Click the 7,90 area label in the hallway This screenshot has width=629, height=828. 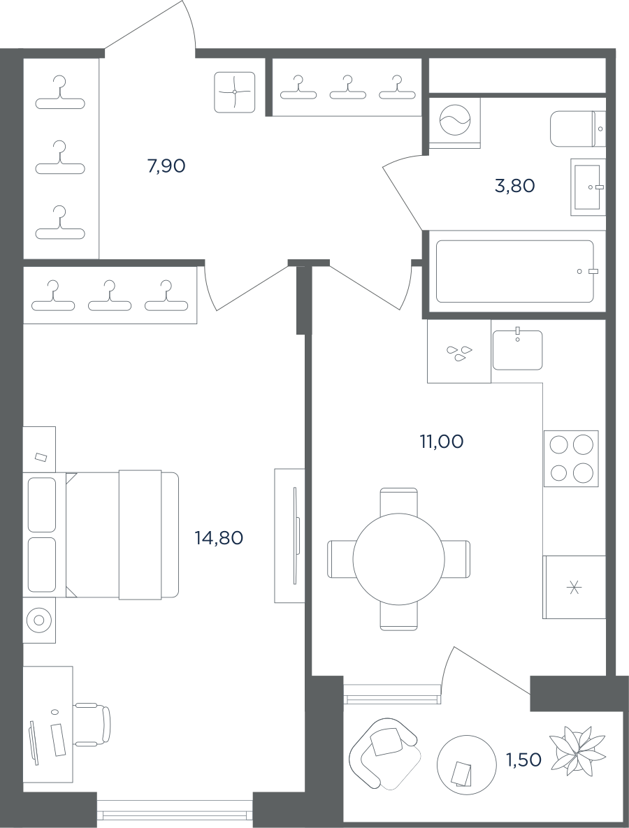166,166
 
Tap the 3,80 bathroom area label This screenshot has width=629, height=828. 515,186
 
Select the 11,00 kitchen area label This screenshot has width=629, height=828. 442,442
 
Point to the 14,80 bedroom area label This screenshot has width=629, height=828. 219,538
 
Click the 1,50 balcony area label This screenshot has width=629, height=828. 524,760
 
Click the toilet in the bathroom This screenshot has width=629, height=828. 578,129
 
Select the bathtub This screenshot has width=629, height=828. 515,271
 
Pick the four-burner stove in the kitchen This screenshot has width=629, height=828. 571,458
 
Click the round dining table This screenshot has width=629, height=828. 399,559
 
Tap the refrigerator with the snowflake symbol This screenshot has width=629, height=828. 574,587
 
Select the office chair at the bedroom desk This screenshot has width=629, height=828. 92,725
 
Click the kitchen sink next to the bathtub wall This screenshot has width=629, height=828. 518,349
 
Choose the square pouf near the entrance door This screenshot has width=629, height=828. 235,92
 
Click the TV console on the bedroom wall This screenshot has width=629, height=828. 289,535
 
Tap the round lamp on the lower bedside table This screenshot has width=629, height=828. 39,620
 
